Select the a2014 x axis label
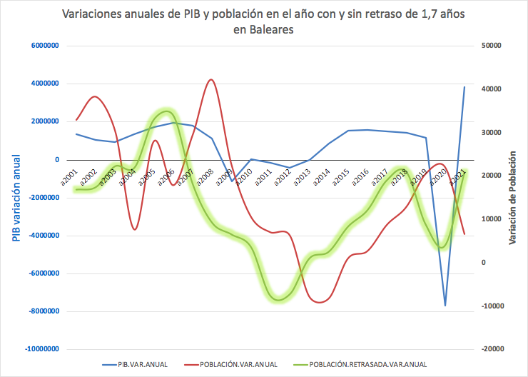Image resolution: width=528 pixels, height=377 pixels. [322, 176]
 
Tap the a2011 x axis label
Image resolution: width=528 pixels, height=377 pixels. [263, 176]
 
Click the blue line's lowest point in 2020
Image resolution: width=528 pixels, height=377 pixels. [445, 306]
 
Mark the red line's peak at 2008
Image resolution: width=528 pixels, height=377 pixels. [210, 79]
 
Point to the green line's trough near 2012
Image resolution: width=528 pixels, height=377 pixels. [279, 299]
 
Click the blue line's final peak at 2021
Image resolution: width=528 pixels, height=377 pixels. [464, 87]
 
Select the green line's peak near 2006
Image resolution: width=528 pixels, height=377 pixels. [167, 112]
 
